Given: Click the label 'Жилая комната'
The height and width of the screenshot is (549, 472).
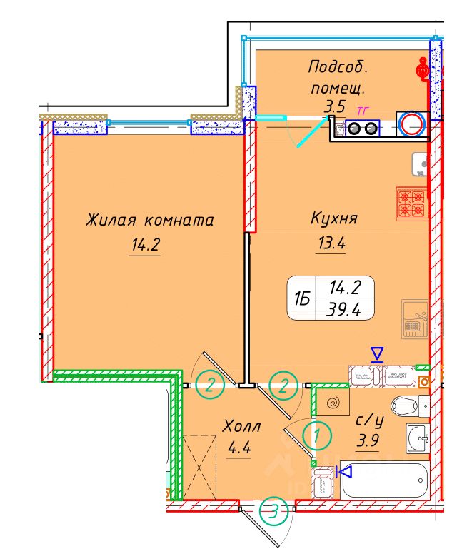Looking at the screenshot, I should click(x=149, y=220).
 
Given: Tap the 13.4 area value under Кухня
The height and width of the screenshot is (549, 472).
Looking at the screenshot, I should click(x=331, y=244).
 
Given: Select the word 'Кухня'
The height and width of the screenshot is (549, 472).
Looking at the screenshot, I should click(x=334, y=218).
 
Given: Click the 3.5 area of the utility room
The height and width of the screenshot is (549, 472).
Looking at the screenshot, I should click(x=335, y=108).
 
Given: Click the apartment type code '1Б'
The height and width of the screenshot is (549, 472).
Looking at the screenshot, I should click(x=302, y=300).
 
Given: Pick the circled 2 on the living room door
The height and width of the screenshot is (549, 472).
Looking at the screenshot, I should click(x=211, y=387).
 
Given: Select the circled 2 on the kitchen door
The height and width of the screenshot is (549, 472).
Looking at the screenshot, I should click(x=283, y=387).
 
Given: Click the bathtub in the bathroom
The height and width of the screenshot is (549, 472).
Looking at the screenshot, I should click(x=384, y=482).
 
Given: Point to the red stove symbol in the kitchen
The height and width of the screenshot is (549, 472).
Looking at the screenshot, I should click(x=411, y=202).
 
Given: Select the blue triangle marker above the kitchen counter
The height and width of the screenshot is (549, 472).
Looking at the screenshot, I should click(x=376, y=354).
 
